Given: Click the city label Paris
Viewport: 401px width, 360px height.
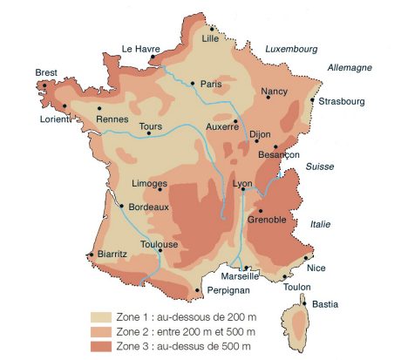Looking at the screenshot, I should coord(212,85).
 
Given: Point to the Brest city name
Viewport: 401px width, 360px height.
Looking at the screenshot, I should coord(46,72).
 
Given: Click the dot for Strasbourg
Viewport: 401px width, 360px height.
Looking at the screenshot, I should coord(312,99).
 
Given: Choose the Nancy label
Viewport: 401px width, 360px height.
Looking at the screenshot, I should coord(274,91).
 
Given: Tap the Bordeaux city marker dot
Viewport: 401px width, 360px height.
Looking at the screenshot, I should coord(121,207).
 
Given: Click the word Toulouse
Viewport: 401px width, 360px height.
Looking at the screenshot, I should coord(160,245).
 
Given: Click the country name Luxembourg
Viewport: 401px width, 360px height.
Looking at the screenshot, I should coord(291,50).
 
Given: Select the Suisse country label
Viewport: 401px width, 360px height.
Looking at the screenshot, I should coord(319,166).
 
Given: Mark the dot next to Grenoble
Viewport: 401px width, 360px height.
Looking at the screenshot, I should coord(260,209).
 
